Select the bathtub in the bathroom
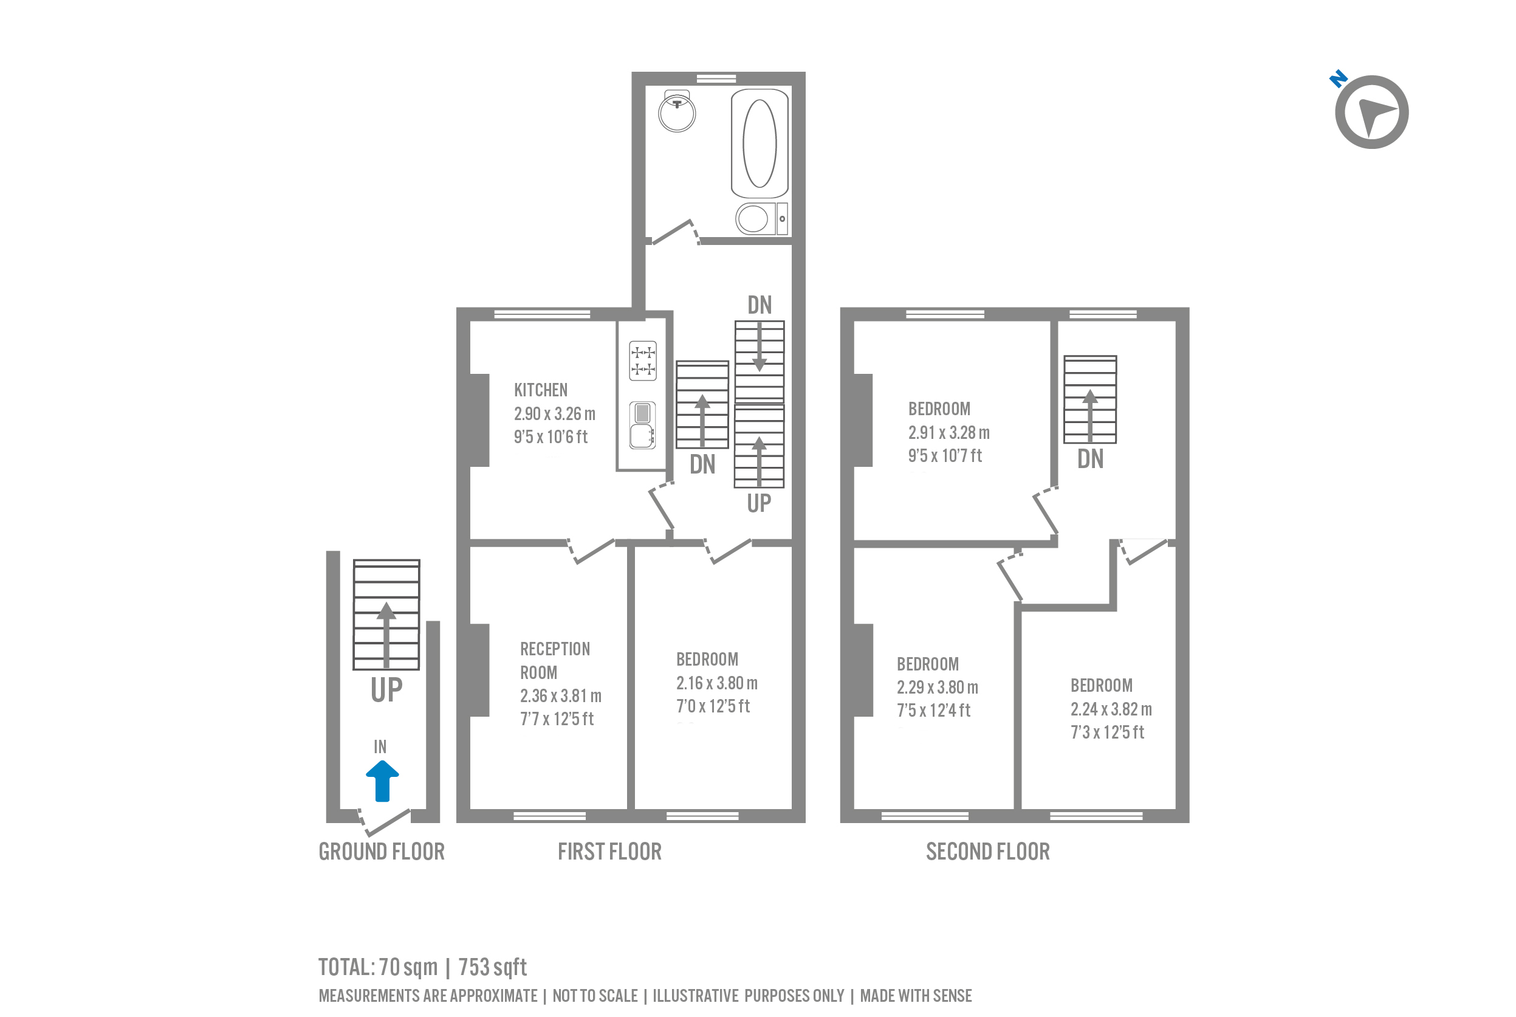point(760,143)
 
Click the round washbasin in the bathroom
point(677,112)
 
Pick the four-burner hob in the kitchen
point(643,360)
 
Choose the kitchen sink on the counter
point(642,426)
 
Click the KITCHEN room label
point(541,390)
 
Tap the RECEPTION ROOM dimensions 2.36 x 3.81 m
point(561,696)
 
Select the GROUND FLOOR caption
point(381,852)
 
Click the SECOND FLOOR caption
point(988,852)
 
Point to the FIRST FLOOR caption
point(609,852)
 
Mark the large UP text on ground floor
point(386,689)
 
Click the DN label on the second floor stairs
point(1090,459)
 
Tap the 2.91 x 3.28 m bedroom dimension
point(949,433)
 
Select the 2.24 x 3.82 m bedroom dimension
point(1111,709)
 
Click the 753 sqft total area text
point(493,967)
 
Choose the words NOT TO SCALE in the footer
point(595,996)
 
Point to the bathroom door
point(674,232)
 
